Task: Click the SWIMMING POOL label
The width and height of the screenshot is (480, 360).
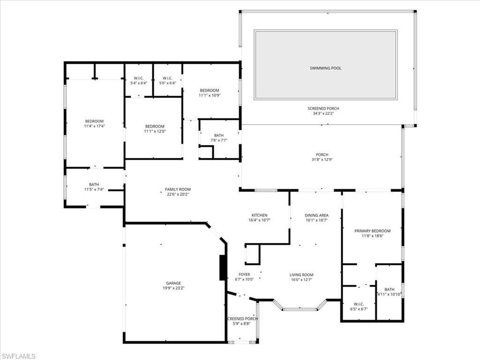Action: tap(325, 68)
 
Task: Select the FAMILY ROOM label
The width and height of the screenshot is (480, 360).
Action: tap(178, 189)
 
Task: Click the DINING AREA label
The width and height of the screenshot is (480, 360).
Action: tap(316, 215)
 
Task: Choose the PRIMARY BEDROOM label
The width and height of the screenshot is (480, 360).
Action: tap(372, 231)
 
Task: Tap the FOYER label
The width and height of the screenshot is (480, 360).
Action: tap(244, 275)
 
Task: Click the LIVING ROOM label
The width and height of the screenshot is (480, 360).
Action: tap(301, 275)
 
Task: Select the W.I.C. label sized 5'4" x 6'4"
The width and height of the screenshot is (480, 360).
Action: tap(138, 78)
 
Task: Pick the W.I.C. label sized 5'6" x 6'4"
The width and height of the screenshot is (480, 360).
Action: tap(167, 78)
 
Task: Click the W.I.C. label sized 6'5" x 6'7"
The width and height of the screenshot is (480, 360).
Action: tap(359, 303)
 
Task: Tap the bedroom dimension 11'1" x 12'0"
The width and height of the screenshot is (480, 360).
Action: tap(155, 132)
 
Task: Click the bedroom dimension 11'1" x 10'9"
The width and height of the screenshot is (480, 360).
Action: tap(209, 96)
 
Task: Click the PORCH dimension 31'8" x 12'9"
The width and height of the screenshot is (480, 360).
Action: tap(322, 160)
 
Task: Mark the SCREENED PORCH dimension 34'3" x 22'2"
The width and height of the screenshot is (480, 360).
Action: tap(323, 114)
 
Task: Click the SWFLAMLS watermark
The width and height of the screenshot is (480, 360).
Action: tap(19, 356)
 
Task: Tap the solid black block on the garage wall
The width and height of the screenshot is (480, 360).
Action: tap(223, 268)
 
